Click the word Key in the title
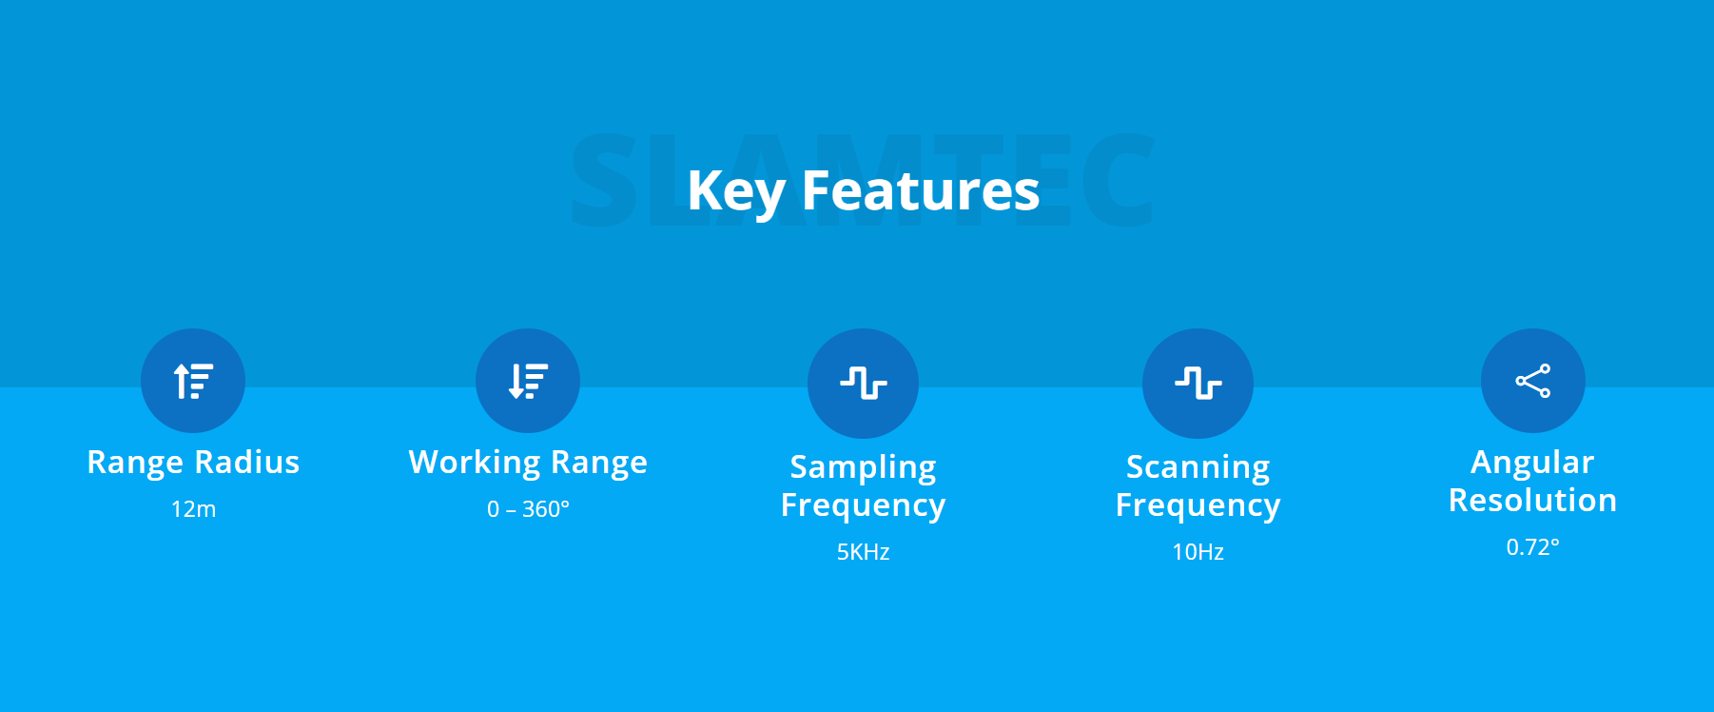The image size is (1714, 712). tap(735, 191)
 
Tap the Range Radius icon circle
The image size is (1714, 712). tap(193, 381)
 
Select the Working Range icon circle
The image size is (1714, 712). tap(528, 381)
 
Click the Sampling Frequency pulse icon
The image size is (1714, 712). tap(864, 384)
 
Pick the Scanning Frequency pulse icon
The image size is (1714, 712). tap(1198, 384)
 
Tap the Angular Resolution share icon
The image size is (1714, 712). tap(1533, 381)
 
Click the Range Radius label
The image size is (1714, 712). tap(193, 463)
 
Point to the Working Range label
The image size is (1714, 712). tap(528, 464)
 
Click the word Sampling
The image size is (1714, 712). tap(864, 468)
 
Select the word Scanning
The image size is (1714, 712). tap(1198, 468)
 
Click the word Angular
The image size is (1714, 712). tap(1532, 464)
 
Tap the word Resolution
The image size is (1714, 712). tap(1533, 501)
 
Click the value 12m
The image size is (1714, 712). tap(193, 509)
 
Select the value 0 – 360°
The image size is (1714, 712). tap(528, 509)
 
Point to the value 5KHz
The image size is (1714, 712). tap(864, 552)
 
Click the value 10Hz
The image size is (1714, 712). tap(1198, 552)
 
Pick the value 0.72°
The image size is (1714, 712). tap(1533, 547)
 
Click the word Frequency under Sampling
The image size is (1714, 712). tap(864, 506)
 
